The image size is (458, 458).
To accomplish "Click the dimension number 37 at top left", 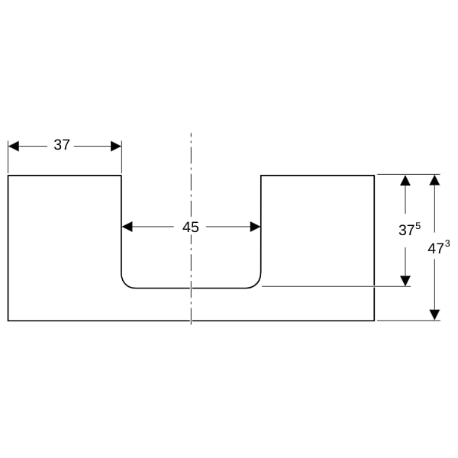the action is click(x=62, y=145).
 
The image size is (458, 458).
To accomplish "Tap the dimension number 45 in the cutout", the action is click(x=190, y=227).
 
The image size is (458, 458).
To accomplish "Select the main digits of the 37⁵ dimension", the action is click(x=407, y=231).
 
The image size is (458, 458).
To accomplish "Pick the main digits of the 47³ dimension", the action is click(x=436, y=249).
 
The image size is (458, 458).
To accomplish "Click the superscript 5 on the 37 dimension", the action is click(x=418, y=225).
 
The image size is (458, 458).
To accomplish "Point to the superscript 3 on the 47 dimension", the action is click(x=447, y=244).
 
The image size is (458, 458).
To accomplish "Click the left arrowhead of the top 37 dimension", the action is click(x=14, y=146).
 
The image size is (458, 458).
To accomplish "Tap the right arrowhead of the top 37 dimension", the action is click(x=116, y=146).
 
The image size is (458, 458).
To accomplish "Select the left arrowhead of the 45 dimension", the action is click(x=127, y=227).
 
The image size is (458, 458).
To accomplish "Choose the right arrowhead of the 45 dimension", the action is click(x=255, y=227).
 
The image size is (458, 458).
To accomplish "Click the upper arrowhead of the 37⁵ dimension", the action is click(x=405, y=180).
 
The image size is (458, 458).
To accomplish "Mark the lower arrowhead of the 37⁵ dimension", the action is click(x=405, y=281).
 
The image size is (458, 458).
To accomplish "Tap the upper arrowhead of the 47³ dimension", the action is click(x=434, y=180).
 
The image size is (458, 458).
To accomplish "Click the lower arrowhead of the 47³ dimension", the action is click(x=434, y=314).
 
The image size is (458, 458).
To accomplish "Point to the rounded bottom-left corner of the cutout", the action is click(x=125, y=284).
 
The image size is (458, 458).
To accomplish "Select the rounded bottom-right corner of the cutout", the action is click(x=256, y=284).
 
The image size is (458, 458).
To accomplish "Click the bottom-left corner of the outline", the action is click(x=8, y=321).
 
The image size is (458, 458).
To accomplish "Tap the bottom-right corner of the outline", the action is click(x=374, y=321).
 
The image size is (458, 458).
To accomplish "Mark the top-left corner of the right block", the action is click(x=261, y=176).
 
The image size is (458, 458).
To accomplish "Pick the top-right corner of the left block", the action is click(x=121, y=176).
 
